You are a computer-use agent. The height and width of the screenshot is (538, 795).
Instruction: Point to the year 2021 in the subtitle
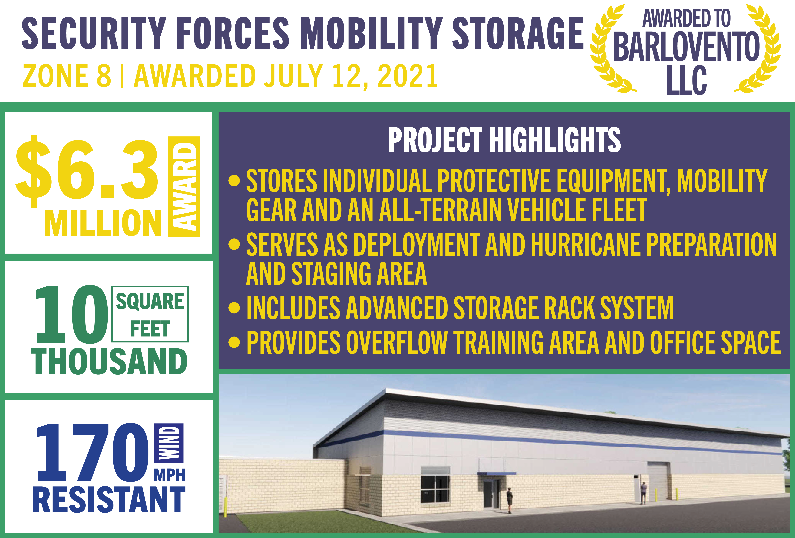click(x=408, y=76)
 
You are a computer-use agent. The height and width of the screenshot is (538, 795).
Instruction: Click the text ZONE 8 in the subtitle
click(x=67, y=76)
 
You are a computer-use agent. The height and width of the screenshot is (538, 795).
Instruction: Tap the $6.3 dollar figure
click(x=87, y=171)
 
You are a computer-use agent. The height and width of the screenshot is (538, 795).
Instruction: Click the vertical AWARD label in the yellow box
click(x=184, y=186)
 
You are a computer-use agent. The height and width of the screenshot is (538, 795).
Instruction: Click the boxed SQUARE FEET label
click(x=150, y=314)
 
